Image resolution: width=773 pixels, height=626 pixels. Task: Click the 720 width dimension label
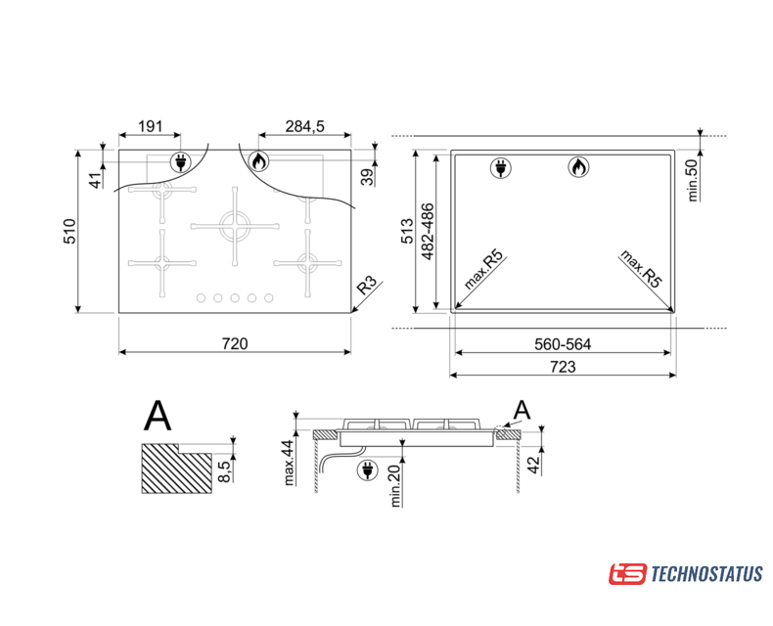(235, 343)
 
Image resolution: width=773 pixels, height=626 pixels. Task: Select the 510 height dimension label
(69, 231)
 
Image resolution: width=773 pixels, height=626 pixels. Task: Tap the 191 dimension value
(150, 127)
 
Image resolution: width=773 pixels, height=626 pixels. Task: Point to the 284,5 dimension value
(305, 127)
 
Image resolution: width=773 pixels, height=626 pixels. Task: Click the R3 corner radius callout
(369, 285)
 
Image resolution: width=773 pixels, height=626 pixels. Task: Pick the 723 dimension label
(563, 367)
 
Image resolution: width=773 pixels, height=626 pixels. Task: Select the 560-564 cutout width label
(563, 344)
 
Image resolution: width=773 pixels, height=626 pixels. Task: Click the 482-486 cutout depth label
(428, 231)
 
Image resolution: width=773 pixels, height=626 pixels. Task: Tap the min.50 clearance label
(693, 180)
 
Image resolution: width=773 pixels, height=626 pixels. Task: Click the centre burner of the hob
(235, 226)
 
